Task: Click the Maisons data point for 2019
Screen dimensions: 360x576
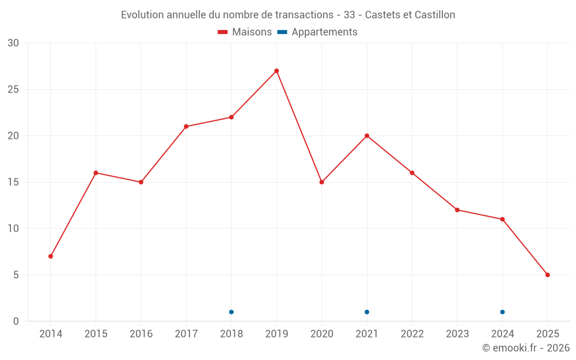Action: tap(276, 71)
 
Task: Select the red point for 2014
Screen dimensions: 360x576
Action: tap(51, 256)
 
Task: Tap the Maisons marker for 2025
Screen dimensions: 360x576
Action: tap(547, 275)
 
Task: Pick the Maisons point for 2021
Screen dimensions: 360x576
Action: tap(367, 136)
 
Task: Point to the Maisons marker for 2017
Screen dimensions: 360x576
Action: tap(186, 127)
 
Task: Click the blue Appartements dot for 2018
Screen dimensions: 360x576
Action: tap(232, 312)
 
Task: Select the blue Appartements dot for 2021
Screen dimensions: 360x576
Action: tap(367, 312)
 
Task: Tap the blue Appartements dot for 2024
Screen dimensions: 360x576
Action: tap(502, 312)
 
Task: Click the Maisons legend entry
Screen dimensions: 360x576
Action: tap(245, 32)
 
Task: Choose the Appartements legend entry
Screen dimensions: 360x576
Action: tap(317, 32)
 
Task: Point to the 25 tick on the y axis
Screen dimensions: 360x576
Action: tap(13, 90)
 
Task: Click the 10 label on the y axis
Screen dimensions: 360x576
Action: tap(13, 229)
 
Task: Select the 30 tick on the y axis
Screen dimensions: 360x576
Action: tap(13, 43)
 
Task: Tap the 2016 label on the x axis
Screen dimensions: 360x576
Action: tap(141, 334)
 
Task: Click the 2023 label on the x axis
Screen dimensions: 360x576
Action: tap(457, 334)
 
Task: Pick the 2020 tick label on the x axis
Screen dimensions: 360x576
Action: tap(322, 334)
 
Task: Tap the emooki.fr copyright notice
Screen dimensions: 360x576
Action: tap(526, 348)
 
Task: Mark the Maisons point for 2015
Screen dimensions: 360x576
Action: tap(96, 173)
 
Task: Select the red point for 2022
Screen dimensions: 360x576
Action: tap(412, 173)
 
